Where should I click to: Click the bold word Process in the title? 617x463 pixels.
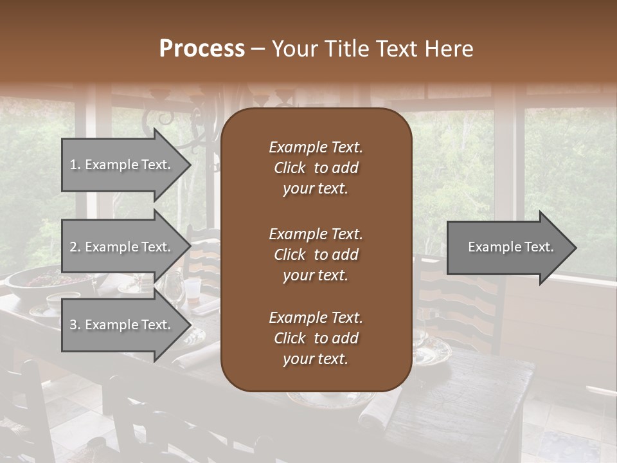click(x=202, y=49)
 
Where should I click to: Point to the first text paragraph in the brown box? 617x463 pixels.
click(x=316, y=168)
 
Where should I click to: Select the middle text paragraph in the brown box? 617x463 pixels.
click(x=316, y=255)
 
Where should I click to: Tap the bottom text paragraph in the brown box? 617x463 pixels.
click(x=316, y=338)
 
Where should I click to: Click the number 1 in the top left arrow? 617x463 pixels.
click(x=73, y=165)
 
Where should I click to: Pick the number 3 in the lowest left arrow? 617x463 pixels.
click(x=73, y=325)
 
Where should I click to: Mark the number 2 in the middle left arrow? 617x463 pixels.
click(x=73, y=247)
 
